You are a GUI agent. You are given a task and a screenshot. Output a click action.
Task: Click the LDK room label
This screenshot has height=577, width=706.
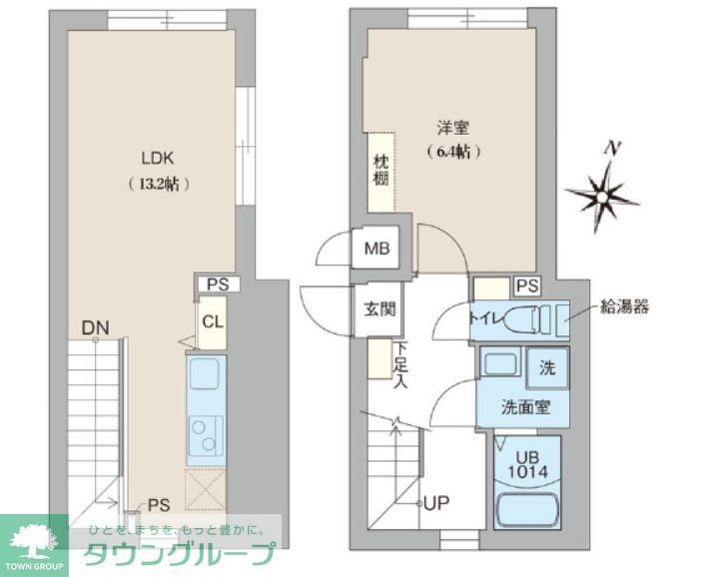point(159,158)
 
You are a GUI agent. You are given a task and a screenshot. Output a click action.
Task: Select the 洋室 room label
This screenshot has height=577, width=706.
point(452,128)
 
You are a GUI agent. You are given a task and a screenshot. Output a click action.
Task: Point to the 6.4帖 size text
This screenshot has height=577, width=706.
point(453,153)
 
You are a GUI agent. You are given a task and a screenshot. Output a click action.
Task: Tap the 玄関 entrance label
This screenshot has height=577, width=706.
point(376,307)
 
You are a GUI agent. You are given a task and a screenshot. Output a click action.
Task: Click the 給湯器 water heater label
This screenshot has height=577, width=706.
point(624,306)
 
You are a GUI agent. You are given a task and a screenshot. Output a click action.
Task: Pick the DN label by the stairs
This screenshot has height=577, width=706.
point(96,326)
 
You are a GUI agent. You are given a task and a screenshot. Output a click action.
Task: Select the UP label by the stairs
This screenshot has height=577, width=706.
point(436,503)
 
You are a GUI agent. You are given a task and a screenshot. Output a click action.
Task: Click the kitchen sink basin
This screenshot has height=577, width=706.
point(210,378)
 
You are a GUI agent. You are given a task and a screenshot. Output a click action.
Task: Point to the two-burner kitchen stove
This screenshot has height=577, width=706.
point(209,437)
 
